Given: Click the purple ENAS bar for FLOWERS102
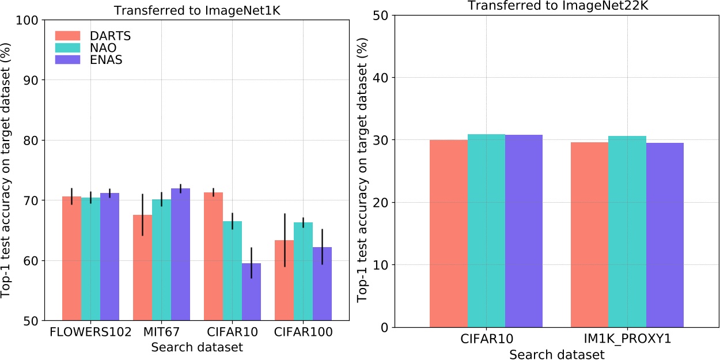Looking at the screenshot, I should (x=109, y=257).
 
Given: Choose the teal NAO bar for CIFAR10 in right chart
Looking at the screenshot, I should (x=486, y=230).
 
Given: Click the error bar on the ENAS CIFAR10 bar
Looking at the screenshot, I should (x=251, y=263).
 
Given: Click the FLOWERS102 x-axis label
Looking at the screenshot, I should (x=91, y=333).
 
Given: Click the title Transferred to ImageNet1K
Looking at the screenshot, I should (x=196, y=10).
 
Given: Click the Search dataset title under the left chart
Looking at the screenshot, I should (x=196, y=347).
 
